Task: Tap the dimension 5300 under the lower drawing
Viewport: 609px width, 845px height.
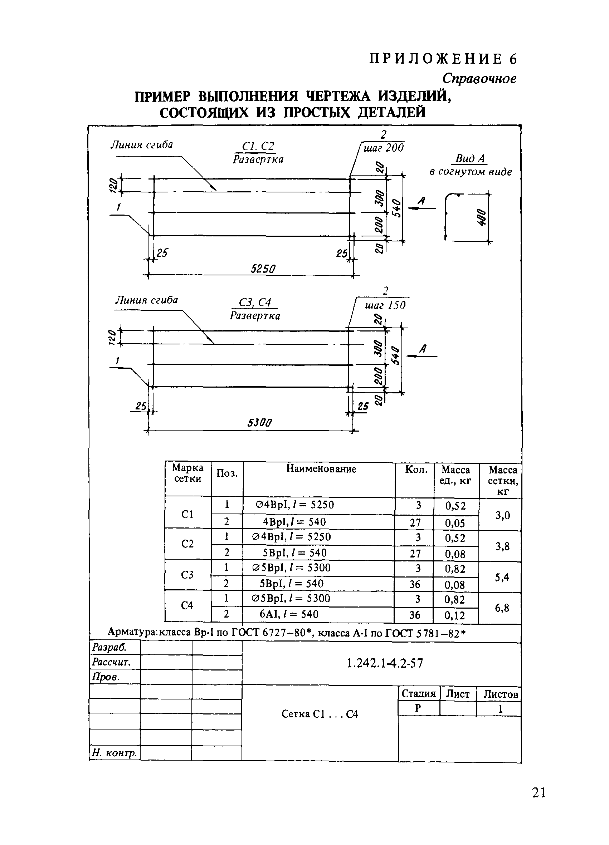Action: (x=259, y=423)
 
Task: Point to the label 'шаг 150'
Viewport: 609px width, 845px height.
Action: (x=385, y=305)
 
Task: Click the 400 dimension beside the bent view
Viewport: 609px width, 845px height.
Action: (x=481, y=217)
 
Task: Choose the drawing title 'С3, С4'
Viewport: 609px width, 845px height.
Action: (x=255, y=303)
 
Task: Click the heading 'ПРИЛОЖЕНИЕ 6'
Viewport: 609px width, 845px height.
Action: (x=443, y=59)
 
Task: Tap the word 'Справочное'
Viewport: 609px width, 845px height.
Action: (x=479, y=79)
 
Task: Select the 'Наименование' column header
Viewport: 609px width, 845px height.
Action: (x=321, y=469)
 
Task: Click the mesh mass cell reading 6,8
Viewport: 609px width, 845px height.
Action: (x=502, y=608)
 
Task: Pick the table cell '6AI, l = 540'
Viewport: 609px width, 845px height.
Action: (x=289, y=614)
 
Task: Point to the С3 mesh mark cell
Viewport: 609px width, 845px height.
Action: (x=187, y=575)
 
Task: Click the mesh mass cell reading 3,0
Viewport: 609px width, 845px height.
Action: (x=502, y=515)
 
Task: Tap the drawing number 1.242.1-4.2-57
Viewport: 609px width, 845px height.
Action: (x=385, y=663)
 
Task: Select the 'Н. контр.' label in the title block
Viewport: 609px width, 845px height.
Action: (x=115, y=753)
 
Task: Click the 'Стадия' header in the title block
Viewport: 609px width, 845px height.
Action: (x=418, y=693)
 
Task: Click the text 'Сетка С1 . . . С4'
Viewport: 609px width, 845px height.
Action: (x=320, y=714)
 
